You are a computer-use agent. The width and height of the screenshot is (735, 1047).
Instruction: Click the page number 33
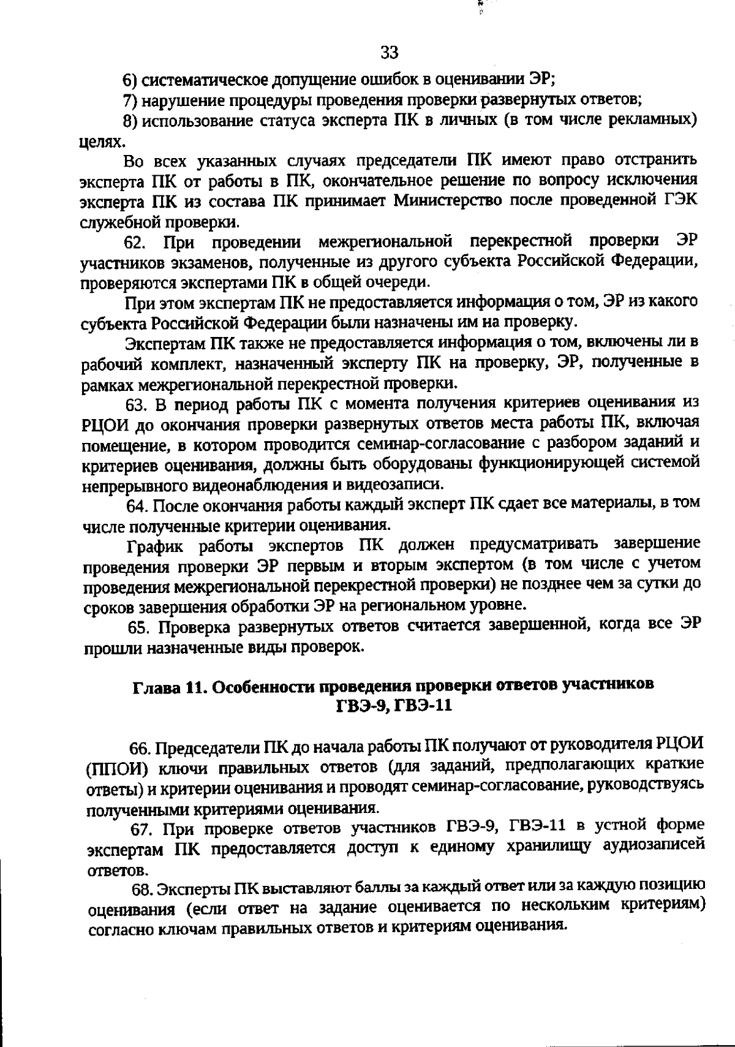point(389,53)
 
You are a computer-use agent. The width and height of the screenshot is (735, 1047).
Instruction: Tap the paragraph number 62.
point(135,242)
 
